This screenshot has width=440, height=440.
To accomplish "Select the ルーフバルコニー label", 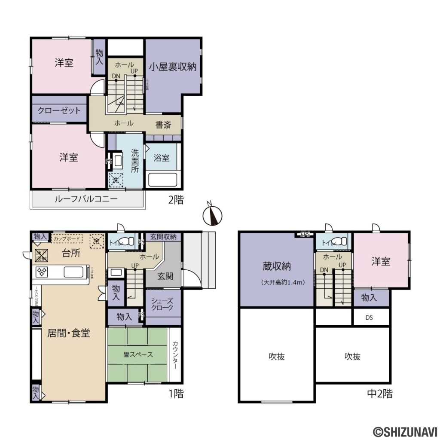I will [86, 199].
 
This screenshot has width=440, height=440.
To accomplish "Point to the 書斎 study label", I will [163, 125].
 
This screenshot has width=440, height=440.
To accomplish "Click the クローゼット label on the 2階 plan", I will [59, 110].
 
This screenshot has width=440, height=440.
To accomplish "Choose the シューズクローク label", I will [163, 305].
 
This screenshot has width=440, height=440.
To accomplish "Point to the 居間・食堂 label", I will [69, 333].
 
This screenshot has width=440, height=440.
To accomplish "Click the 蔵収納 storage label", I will [277, 266].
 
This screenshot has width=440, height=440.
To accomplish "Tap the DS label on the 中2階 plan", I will [369, 318].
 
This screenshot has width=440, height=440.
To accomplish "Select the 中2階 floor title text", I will [379, 393].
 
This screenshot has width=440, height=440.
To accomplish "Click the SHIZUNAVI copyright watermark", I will [404, 431].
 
